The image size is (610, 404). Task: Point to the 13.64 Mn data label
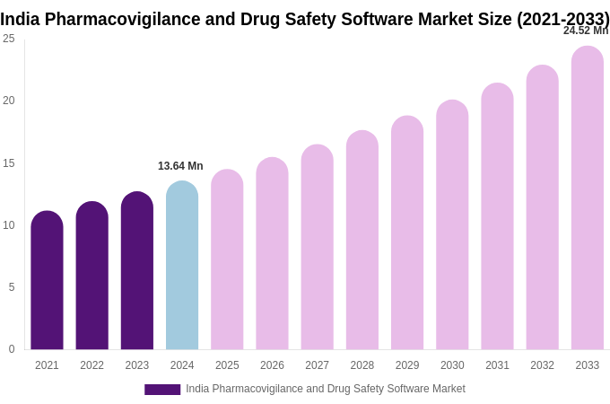[180, 166]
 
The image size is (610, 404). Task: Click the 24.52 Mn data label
[585, 31]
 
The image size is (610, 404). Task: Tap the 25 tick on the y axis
[9, 39]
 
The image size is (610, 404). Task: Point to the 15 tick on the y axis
[9, 163]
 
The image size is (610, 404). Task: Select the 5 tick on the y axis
[12, 287]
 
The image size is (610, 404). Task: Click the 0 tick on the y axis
[12, 349]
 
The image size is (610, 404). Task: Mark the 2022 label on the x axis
[91, 365]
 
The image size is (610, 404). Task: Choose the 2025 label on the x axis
[227, 365]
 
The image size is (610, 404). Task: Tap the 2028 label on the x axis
[362, 365]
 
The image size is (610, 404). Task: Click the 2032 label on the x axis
[542, 365]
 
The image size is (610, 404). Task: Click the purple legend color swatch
[162, 390]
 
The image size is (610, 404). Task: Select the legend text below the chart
[326, 389]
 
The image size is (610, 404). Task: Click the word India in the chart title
[20, 19]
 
